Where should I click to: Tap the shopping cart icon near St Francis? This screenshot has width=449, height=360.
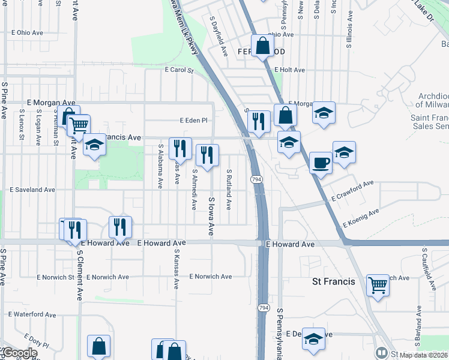coord(378,286)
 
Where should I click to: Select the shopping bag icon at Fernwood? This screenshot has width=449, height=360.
coord(263,45)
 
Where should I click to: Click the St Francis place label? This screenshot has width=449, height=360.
coord(334,281)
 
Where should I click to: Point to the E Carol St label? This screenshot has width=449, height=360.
coord(179,70)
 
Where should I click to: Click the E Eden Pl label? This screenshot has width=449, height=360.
coord(193,120)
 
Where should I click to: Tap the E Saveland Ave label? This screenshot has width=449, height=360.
coord(32,190)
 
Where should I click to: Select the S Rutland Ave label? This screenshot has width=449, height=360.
coord(229,188)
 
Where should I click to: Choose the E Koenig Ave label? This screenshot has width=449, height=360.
coord(361,218)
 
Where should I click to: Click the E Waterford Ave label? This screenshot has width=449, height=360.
coord(32,314)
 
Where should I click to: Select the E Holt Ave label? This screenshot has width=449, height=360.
coord(290,70)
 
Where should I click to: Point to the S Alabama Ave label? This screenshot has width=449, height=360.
coord(161,166)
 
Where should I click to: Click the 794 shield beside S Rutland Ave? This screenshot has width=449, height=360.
coord(256,179)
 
